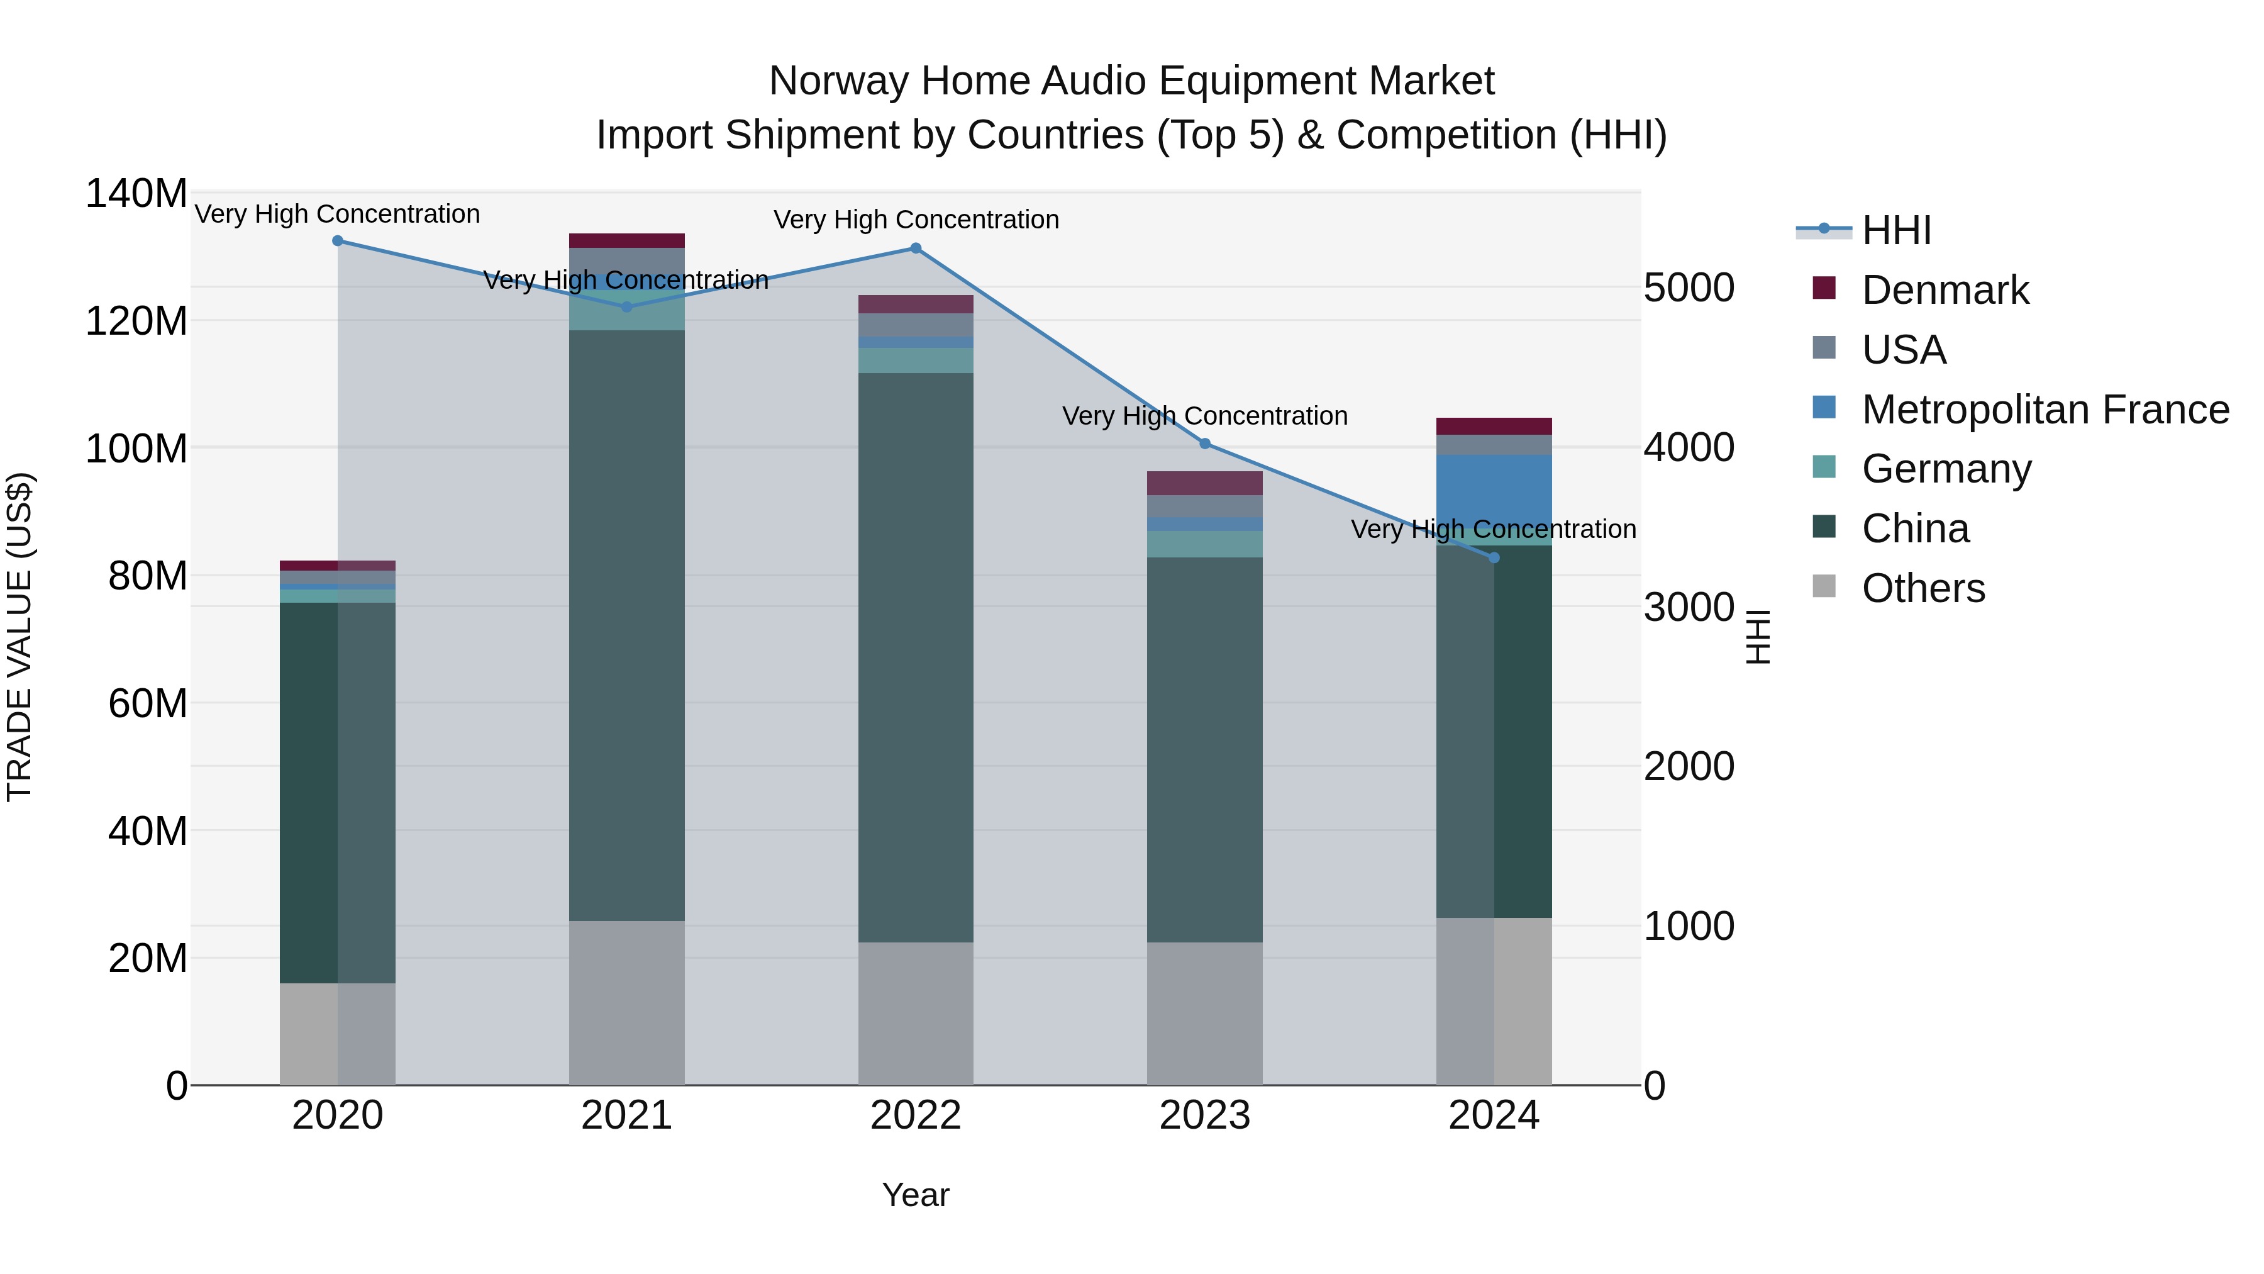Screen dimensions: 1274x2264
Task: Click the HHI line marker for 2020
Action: [338, 241]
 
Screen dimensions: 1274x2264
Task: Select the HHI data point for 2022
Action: [916, 249]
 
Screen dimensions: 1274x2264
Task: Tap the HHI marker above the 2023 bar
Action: [1205, 444]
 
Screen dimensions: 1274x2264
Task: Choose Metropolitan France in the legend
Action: [2045, 410]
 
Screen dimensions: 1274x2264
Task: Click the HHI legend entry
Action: [1895, 230]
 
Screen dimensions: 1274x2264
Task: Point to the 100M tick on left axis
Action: [136, 449]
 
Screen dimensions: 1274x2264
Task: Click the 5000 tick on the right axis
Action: [1689, 288]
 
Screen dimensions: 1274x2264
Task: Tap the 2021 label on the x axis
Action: [626, 1115]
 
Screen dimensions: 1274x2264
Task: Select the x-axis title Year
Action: [916, 1195]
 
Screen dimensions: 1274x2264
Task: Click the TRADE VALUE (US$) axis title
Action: [19, 637]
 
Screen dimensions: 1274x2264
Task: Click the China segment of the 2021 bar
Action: [626, 624]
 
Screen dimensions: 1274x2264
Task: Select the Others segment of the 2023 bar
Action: [1205, 1013]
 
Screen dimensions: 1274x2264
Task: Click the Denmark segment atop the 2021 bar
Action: [626, 241]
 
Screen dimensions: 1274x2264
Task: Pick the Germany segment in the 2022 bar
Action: [916, 360]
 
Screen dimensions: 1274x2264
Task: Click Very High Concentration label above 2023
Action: [1205, 416]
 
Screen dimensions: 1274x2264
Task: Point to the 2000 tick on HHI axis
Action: [1689, 767]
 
